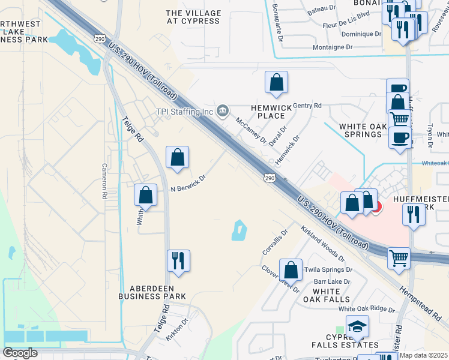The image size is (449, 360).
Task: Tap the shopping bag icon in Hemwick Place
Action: pos(276,83)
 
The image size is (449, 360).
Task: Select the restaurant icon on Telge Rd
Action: pos(178,262)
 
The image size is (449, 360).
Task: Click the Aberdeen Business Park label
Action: pos(152,292)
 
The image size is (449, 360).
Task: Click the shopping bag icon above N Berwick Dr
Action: pos(177,158)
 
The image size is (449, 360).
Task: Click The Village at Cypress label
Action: pos(193,17)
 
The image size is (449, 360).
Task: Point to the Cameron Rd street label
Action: pos(104,181)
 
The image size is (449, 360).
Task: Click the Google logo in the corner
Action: pos(20,353)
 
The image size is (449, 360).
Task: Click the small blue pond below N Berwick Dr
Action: pos(238,230)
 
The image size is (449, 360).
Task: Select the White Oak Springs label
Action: pos(360,130)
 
